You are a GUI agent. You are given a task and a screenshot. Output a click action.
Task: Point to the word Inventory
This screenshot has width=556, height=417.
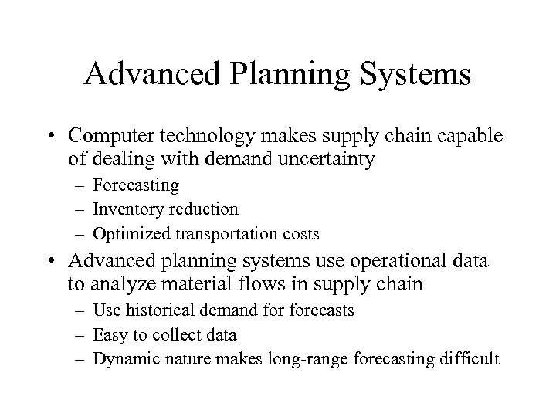pyautogui.click(x=123, y=209)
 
